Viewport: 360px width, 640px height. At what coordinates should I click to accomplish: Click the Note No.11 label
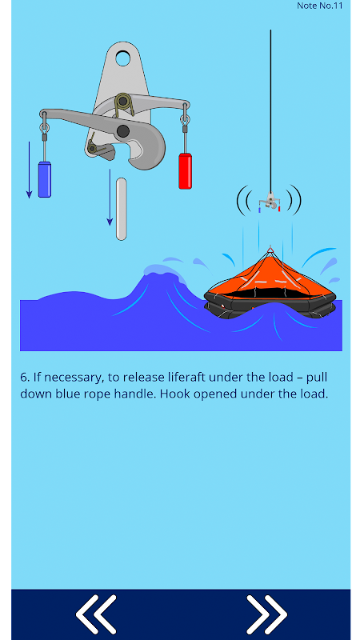[319, 6]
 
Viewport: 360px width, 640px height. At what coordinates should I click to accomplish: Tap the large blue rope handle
[45, 179]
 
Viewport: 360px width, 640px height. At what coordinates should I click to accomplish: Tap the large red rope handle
[185, 171]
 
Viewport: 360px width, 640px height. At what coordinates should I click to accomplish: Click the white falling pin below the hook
[122, 209]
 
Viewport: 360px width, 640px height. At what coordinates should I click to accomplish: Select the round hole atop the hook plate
[122, 58]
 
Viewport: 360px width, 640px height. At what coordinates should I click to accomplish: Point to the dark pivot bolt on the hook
[122, 131]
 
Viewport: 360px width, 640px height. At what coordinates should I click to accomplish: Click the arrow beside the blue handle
[29, 170]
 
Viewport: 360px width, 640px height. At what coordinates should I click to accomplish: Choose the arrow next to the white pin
[110, 198]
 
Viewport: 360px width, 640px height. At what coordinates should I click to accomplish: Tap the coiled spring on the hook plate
[124, 104]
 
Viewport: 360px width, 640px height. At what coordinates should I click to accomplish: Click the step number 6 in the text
[25, 377]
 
